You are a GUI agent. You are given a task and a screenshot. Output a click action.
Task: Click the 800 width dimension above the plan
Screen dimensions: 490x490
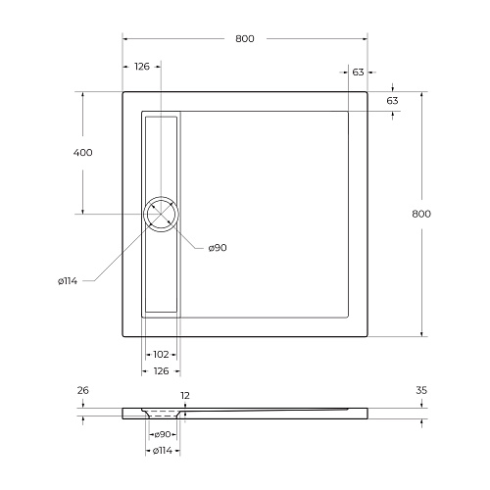(245, 39)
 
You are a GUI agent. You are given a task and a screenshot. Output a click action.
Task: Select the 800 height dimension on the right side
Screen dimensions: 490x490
(421, 214)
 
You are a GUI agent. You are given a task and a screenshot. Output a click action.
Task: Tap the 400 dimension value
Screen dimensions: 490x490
(82, 153)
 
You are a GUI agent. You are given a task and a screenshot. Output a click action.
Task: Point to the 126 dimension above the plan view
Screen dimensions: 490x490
(142, 67)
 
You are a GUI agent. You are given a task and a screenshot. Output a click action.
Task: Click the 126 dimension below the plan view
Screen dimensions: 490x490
(161, 371)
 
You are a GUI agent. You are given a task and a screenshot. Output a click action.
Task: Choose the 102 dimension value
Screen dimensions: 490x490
(161, 355)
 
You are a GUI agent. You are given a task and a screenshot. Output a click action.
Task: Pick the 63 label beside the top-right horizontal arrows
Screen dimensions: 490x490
(358, 73)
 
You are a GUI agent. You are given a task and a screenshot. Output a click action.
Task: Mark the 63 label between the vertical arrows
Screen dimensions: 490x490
(392, 101)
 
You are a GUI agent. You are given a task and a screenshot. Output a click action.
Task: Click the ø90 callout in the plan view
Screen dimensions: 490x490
(218, 248)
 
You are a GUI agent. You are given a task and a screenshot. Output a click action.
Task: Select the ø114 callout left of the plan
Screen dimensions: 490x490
(68, 281)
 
